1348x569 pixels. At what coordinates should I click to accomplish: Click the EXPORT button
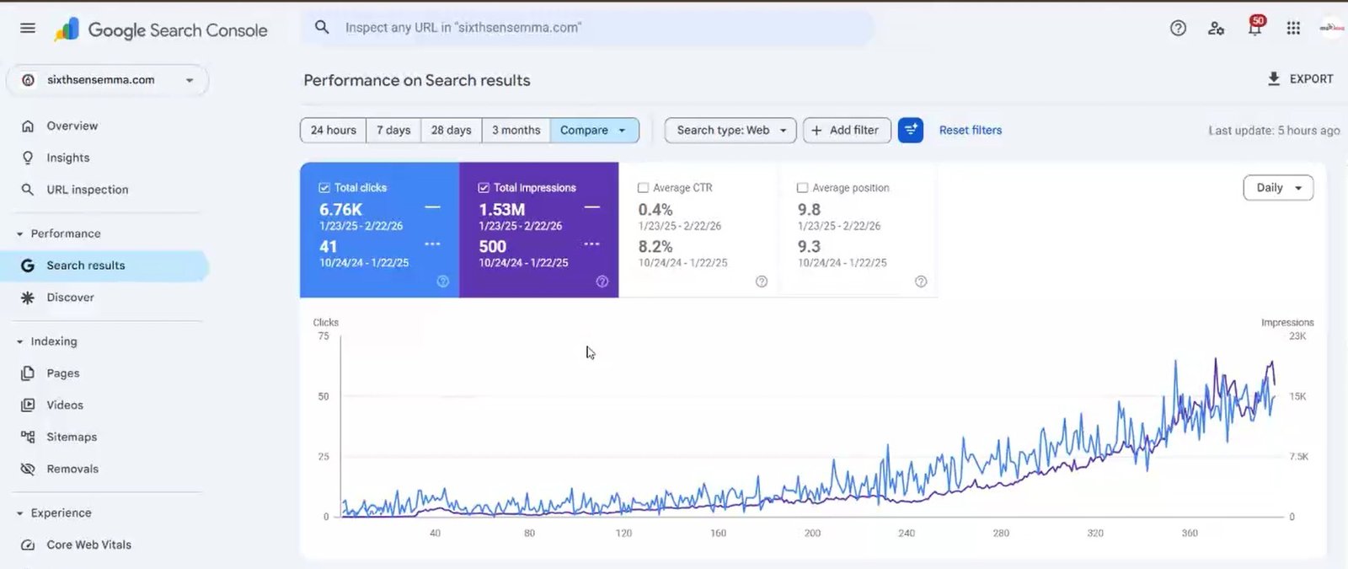click(x=1301, y=79)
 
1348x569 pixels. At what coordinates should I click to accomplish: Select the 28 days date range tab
click(x=451, y=131)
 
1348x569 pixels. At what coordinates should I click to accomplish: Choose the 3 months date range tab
click(x=516, y=131)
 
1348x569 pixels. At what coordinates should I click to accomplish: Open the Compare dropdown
click(x=594, y=131)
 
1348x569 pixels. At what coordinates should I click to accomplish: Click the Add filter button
click(x=846, y=131)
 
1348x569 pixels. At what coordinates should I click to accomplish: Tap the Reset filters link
click(x=971, y=131)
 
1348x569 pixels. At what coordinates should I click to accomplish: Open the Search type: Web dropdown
click(x=730, y=131)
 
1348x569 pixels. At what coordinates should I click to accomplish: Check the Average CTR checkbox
click(x=644, y=188)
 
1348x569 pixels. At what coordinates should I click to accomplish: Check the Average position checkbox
click(x=803, y=188)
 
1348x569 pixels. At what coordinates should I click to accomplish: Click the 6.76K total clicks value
click(x=341, y=210)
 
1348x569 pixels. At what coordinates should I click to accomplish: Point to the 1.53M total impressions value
click(x=502, y=210)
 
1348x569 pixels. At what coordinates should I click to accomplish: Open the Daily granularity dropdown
click(x=1278, y=188)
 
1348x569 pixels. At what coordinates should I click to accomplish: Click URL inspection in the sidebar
click(x=87, y=190)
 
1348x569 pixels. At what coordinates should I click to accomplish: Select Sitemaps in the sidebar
click(x=72, y=437)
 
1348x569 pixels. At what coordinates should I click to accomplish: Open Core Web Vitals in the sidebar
click(x=88, y=545)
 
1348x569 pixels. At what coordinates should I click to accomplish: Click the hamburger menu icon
click(x=28, y=28)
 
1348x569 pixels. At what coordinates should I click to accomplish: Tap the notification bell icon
click(x=1254, y=29)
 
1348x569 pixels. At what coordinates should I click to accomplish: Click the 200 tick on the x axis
click(x=812, y=533)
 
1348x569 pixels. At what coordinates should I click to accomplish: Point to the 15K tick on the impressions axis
click(x=1297, y=396)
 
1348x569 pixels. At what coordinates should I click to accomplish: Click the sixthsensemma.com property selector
click(x=108, y=80)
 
